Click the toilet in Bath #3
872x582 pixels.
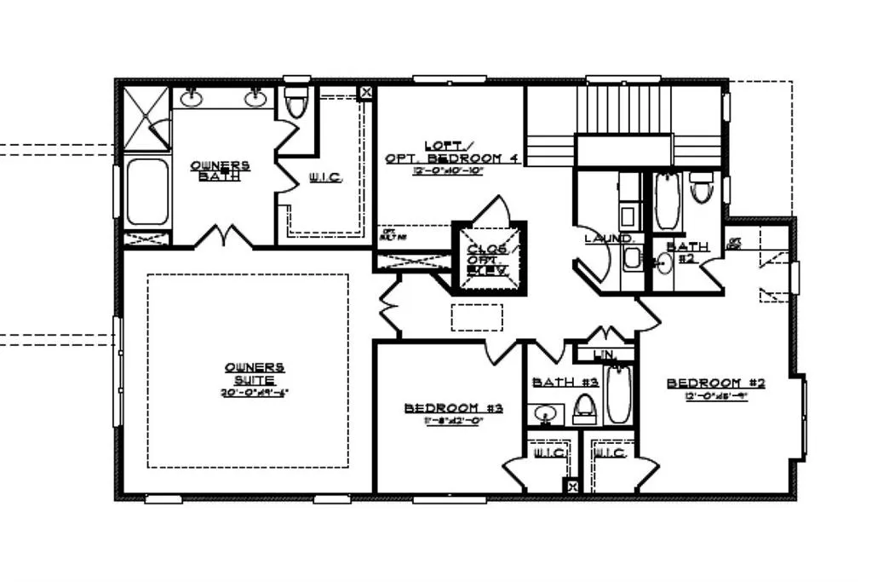pos(584,408)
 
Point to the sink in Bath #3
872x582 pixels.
pos(545,414)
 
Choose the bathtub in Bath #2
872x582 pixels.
pos(667,201)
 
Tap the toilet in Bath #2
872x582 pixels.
pos(701,186)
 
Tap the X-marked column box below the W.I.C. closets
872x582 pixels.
pos(572,487)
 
